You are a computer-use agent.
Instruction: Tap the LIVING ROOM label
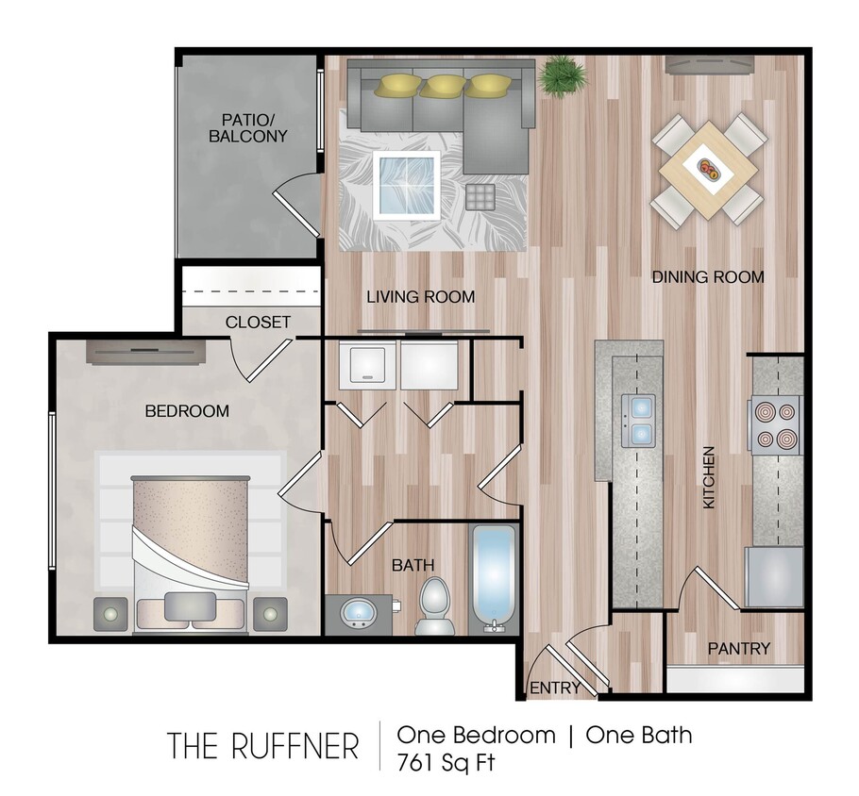coord(420,297)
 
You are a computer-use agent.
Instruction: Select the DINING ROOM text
coord(707,277)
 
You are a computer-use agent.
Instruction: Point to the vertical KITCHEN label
coord(709,479)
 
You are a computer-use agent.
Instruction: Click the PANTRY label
coord(739,649)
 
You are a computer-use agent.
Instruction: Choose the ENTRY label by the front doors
coord(555,688)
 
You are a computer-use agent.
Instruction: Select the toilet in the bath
coord(434,605)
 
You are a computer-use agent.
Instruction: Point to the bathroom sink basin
coord(359,614)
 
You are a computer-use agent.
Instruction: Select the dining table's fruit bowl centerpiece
coord(709,170)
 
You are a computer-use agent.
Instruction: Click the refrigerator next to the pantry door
coord(775,576)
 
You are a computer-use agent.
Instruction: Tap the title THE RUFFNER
coord(264,745)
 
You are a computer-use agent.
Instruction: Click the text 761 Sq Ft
coord(446,761)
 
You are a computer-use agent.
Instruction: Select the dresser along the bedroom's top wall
coord(146,351)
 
